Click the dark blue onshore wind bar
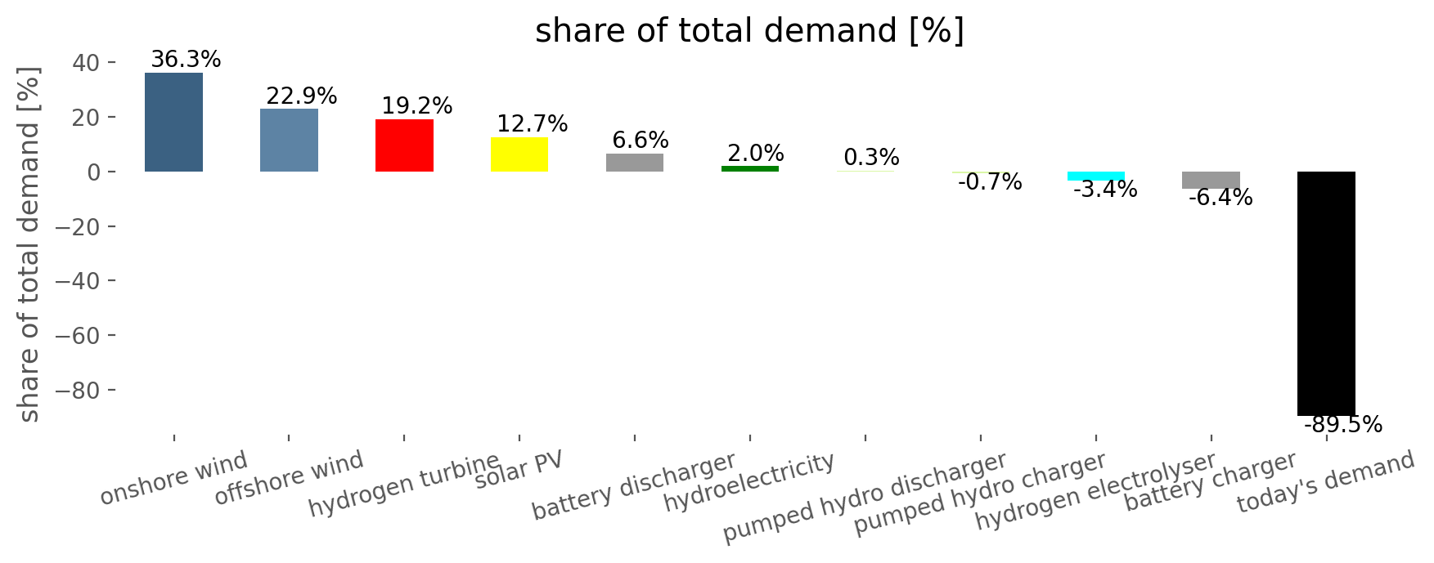173,122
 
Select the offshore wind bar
289,140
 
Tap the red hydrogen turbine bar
404,145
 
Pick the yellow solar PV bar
519,154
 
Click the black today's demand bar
1326,293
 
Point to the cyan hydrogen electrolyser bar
1096,176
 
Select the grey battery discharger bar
635,163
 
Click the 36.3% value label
186,60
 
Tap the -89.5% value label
1343,425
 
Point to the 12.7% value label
533,124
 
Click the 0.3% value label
871,158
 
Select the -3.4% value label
1105,190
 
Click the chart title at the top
749,31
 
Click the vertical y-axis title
29,244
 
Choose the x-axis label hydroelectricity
749,482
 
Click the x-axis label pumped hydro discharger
865,497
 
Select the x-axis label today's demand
1325,481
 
